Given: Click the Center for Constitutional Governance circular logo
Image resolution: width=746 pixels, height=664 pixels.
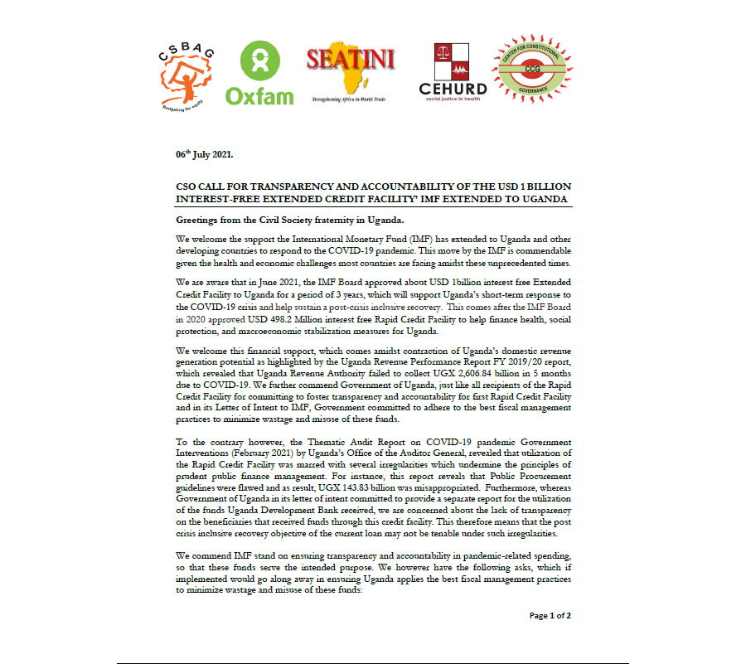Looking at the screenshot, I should [x=531, y=71].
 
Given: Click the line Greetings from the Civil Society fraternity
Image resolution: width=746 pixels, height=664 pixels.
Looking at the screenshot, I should [x=289, y=220].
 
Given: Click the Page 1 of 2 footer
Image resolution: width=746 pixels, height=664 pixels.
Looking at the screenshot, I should [x=550, y=615].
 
